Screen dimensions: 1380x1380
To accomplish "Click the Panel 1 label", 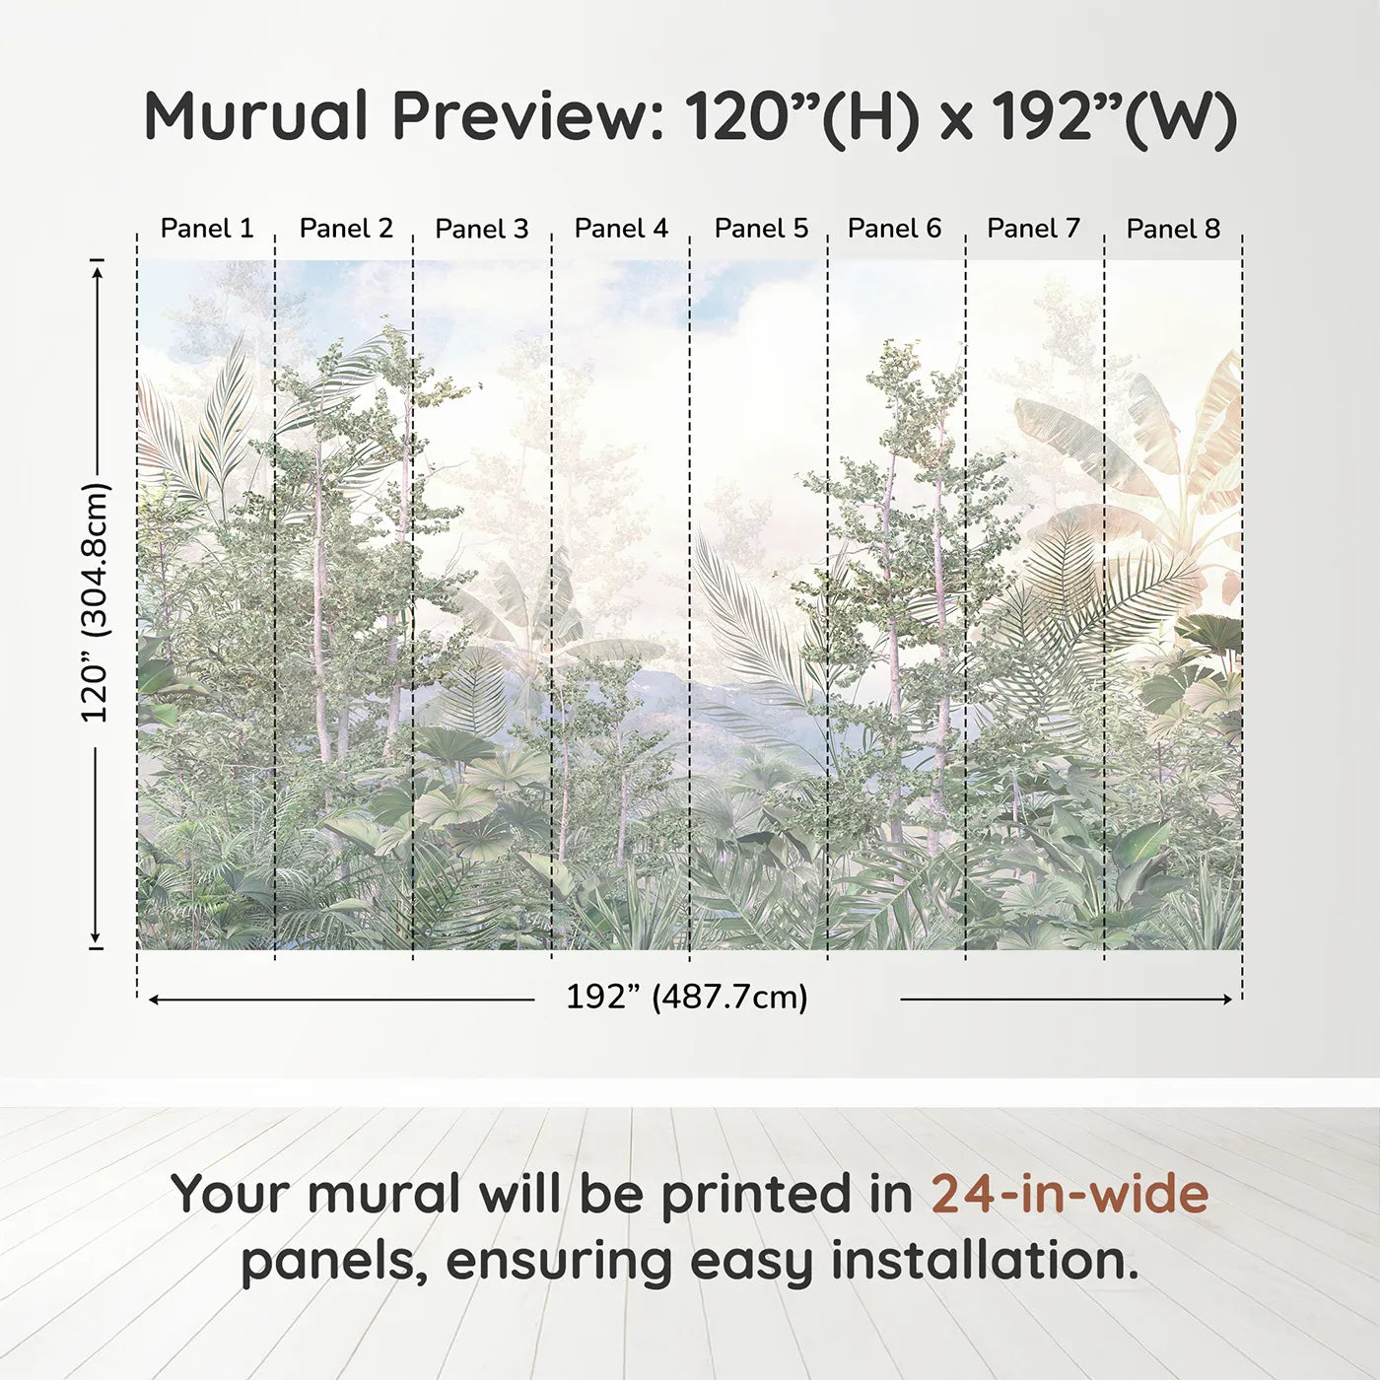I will pos(207,229).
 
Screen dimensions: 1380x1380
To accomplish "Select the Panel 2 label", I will pos(346,229).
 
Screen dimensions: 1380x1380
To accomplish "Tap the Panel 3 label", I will pos(482,229).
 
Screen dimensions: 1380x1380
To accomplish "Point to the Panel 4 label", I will pos(621,229).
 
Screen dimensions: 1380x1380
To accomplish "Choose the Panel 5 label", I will pos(761,229).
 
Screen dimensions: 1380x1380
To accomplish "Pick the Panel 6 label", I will pos(894,229).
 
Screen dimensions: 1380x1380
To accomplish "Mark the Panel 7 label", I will pos(1033,229).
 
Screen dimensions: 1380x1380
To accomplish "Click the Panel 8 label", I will pos(1173,229).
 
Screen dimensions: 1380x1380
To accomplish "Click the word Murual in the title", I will pos(256,116).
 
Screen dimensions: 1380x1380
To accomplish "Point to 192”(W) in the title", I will pos(1114,116).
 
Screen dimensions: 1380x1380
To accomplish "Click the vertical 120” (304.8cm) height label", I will pos(96,602).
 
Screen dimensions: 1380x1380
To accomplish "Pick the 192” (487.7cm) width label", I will pos(686,998).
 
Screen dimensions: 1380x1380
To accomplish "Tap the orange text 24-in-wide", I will pos(1069,1194).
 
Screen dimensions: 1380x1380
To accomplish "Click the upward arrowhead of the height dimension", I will pos(97,270).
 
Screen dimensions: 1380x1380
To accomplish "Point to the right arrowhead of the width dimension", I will pos(1227,1000).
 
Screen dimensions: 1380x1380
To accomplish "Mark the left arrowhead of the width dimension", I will pos(154,1000).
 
